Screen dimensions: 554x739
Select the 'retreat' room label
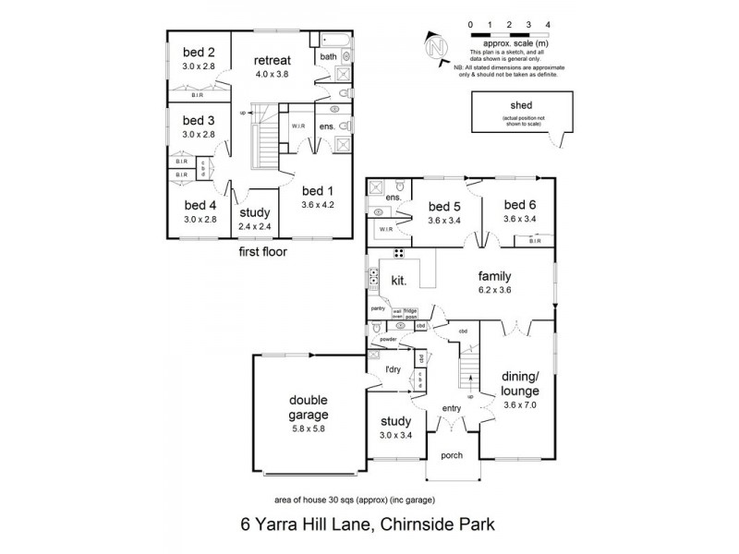[x=273, y=62]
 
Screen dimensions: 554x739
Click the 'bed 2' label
[x=199, y=53]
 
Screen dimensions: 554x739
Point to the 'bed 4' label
[x=199, y=205]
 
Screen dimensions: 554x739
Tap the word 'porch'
[x=453, y=454]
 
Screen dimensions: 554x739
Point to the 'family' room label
[x=495, y=275]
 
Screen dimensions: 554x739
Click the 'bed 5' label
[x=445, y=206]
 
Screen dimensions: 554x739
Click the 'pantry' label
[x=378, y=308]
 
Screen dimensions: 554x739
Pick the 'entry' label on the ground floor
[x=453, y=407]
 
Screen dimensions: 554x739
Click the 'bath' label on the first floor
[x=328, y=56]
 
